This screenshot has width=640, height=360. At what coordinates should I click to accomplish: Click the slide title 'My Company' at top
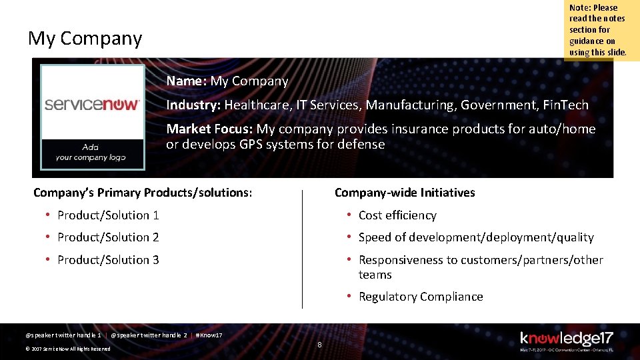85,39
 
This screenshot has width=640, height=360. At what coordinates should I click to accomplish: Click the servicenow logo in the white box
92,105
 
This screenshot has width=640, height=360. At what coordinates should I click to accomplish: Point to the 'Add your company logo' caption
91,153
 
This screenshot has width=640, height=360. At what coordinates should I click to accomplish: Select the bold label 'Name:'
187,81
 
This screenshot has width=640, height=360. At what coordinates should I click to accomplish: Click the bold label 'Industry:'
193,105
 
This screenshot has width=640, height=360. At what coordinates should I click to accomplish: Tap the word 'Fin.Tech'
566,105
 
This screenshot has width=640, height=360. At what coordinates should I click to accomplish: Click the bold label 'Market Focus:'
209,129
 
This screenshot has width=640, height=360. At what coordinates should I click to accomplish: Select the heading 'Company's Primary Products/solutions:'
143,193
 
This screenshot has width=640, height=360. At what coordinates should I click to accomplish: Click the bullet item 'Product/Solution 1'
108,215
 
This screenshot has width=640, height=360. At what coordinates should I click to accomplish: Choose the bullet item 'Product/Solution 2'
108,237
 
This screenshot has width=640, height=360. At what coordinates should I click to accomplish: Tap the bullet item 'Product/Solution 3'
108,260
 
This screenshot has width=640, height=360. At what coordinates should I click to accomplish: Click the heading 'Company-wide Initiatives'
405,193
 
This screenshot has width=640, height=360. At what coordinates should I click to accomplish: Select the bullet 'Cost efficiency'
397,215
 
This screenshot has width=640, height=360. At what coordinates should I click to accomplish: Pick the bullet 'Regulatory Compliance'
421,297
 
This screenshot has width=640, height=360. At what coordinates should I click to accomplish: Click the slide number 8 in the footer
319,345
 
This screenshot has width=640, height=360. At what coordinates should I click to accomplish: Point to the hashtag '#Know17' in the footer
209,335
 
